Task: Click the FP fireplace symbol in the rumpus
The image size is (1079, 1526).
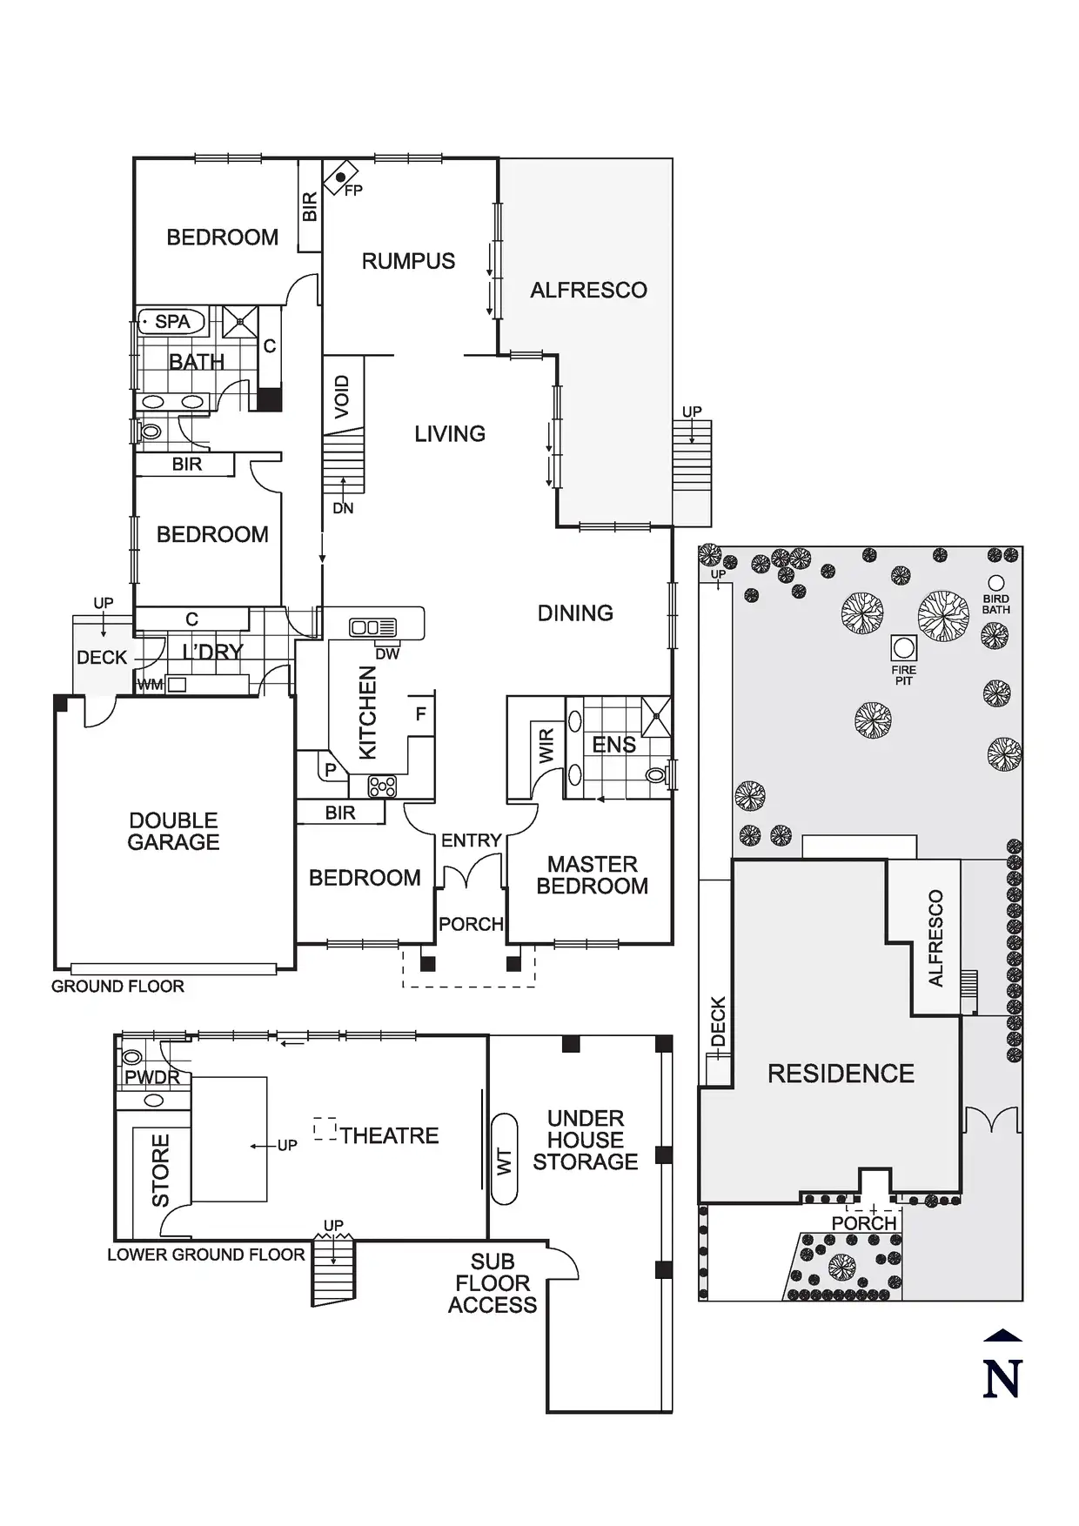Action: (x=340, y=177)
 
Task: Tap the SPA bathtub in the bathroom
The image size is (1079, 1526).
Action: (x=171, y=322)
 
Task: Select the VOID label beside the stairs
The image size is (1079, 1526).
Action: (x=342, y=396)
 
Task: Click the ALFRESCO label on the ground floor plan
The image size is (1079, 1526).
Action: (x=588, y=290)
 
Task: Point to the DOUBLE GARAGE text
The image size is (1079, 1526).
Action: (x=173, y=831)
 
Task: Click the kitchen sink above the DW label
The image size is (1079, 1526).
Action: (x=372, y=627)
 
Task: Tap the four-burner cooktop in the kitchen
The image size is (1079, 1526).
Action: (x=382, y=786)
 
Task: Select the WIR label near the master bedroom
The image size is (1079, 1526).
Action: (x=546, y=746)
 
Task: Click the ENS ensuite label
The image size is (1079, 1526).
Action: (x=613, y=745)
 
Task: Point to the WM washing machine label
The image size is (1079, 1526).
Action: (x=150, y=685)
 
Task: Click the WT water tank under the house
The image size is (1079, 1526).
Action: (x=504, y=1161)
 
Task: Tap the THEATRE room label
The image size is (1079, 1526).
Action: (x=389, y=1135)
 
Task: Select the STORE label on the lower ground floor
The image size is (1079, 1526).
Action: (x=161, y=1169)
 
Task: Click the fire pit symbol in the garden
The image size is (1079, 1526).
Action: (x=904, y=647)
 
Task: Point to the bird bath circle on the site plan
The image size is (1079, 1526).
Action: (x=996, y=583)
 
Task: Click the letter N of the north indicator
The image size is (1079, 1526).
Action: (x=1002, y=1379)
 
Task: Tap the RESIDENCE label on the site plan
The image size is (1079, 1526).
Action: (x=841, y=1074)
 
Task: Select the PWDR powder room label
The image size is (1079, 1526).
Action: (x=152, y=1077)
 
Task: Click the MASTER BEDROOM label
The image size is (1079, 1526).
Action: (x=592, y=875)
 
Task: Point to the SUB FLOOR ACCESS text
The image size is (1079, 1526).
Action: (x=493, y=1283)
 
